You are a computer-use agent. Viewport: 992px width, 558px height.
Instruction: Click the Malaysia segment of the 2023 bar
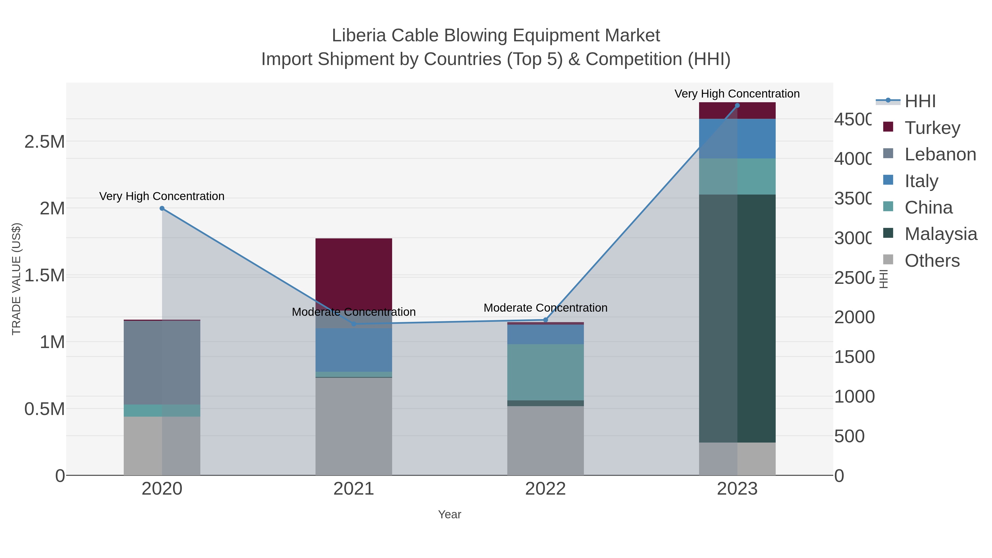737,318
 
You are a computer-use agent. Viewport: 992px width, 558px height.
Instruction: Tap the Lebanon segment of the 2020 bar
162,362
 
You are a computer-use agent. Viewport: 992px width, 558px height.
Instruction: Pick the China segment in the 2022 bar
545,372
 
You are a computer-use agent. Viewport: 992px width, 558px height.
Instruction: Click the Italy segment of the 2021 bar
354,350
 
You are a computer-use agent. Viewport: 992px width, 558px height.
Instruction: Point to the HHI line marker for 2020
162,208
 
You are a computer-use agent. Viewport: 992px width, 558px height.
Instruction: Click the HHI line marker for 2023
737,106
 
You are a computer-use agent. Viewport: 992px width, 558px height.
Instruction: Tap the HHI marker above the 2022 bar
545,320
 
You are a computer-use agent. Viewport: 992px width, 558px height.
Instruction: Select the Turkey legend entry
932,128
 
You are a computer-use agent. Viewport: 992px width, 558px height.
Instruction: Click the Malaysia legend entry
940,234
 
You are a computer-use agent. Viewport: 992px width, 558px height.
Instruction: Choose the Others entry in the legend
932,261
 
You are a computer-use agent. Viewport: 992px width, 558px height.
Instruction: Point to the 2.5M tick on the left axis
45,142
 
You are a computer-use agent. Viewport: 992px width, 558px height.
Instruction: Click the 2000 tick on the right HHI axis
854,317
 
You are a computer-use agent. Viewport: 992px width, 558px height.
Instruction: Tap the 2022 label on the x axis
545,489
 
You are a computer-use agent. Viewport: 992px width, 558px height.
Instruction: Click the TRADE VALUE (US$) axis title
16,279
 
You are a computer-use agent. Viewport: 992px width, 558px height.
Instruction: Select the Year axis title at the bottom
449,514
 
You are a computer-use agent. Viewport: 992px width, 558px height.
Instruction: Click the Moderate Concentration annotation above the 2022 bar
545,308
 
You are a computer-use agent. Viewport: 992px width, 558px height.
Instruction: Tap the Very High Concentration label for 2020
162,196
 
